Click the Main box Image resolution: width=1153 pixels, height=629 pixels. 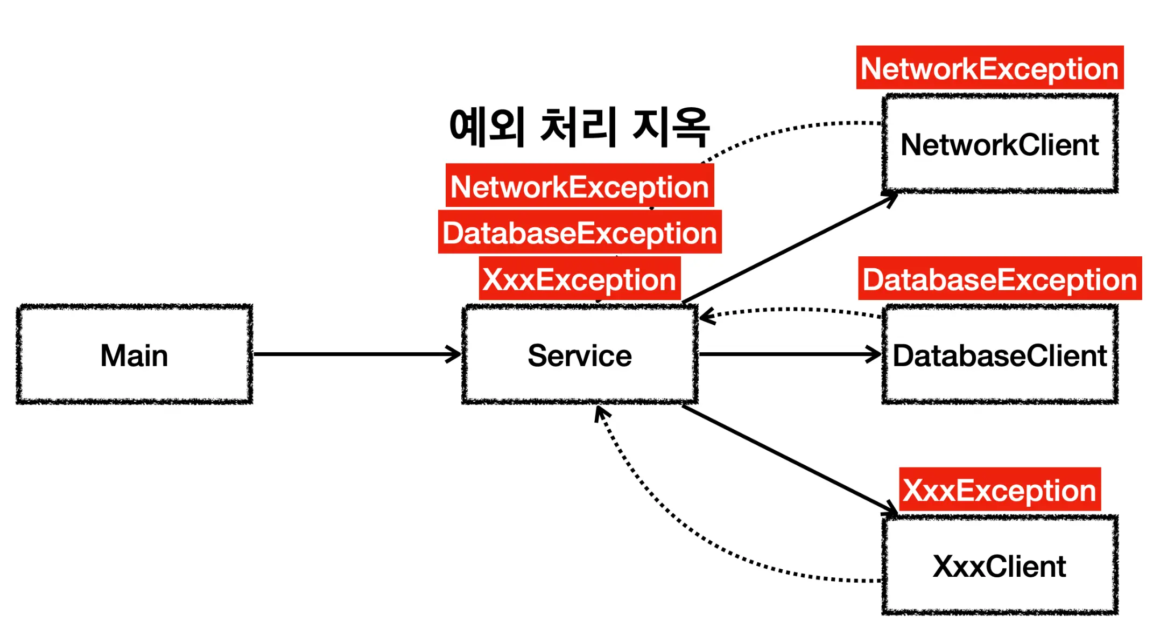[x=134, y=354]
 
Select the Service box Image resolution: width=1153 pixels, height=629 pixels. [x=580, y=354]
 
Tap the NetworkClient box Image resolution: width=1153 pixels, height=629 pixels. [x=1000, y=144]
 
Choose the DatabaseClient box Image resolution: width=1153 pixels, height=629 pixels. [x=1000, y=354]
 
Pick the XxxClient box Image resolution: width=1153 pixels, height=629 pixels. [x=1000, y=565]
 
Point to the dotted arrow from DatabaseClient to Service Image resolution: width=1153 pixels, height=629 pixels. [x=791, y=310]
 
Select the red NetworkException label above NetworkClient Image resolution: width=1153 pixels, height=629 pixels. [x=989, y=68]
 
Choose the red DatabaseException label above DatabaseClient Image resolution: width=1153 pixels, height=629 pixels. [x=1000, y=279]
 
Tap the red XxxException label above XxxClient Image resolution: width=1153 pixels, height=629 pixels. [x=1000, y=490]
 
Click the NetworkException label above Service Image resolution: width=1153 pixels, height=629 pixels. [x=580, y=186]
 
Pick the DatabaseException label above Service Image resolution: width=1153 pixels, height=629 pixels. [x=580, y=233]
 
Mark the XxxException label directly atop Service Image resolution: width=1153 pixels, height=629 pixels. [x=580, y=279]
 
